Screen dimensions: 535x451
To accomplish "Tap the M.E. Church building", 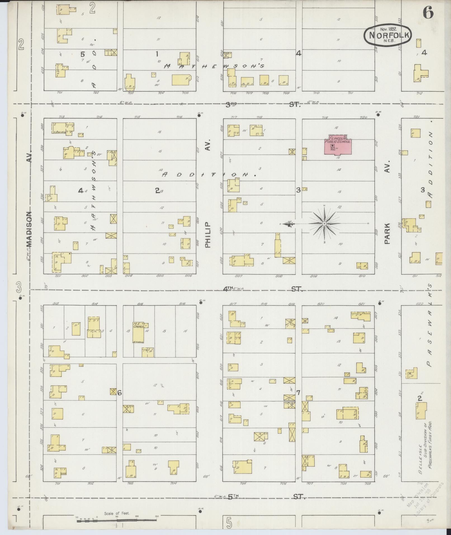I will (138, 332).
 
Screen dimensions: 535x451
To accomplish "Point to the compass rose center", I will (324, 224).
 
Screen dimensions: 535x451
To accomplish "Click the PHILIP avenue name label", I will (207, 235).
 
